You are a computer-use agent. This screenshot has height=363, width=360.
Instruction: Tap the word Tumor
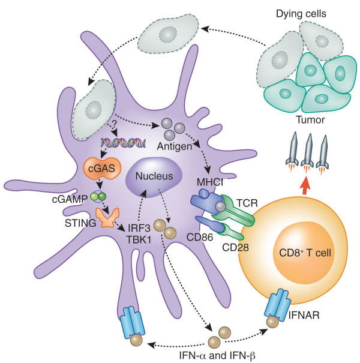[313, 120]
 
